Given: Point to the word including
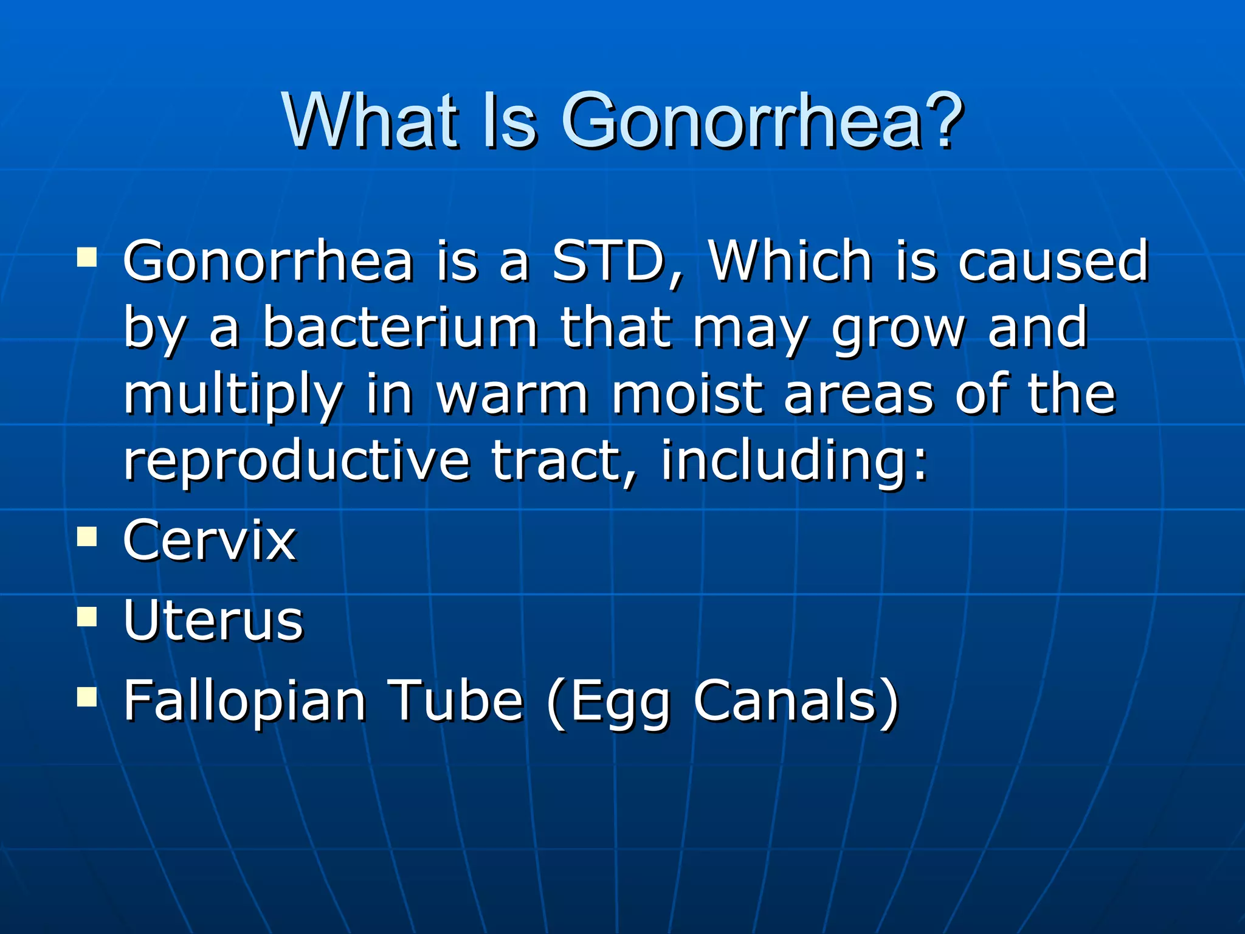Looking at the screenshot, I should pyautogui.click(x=793, y=462).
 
